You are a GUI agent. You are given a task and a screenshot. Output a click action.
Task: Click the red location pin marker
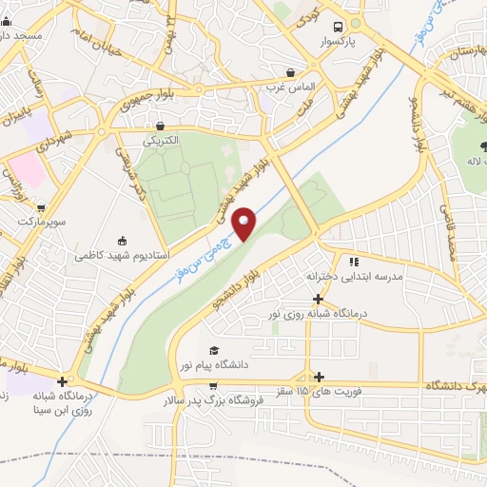(x=244, y=224)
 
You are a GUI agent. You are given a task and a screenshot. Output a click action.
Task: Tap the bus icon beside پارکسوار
(x=336, y=28)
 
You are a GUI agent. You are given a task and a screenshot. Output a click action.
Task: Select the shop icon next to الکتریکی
(x=159, y=125)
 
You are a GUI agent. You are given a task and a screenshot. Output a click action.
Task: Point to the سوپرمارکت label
(x=38, y=221)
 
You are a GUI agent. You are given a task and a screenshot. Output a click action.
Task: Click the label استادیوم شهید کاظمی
(x=123, y=256)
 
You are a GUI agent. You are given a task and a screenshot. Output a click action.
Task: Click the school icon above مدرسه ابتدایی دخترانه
(x=353, y=261)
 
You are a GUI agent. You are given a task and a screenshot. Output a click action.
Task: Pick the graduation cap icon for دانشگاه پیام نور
(x=213, y=350)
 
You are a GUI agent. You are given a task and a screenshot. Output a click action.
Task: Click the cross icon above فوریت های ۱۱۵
(x=319, y=378)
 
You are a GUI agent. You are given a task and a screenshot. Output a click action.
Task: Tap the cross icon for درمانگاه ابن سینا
(x=62, y=380)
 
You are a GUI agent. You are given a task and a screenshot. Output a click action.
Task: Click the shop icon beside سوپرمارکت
(x=40, y=205)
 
